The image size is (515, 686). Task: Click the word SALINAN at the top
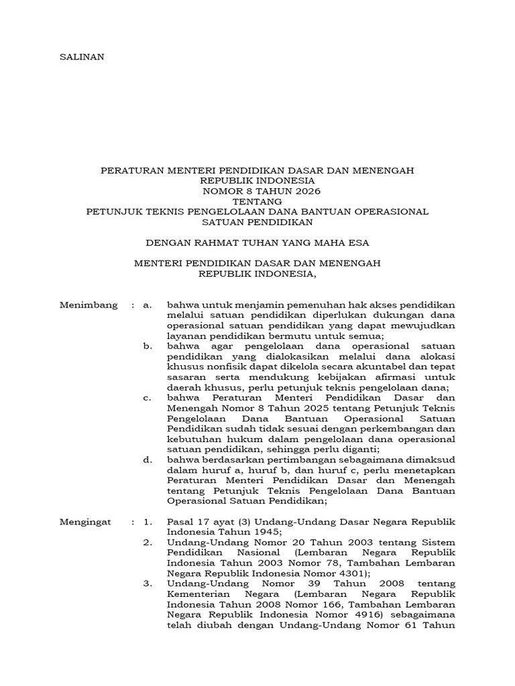(x=82, y=57)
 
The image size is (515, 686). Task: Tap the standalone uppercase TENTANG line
(x=257, y=201)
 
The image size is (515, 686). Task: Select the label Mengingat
(x=87, y=521)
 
